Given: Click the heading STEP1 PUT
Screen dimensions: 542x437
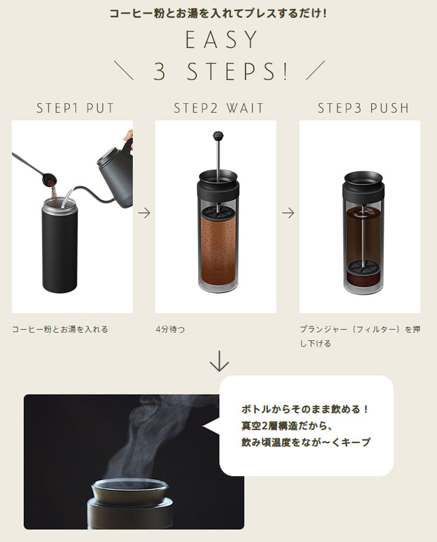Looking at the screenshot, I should (x=75, y=108).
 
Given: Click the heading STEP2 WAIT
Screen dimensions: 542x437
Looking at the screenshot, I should (x=218, y=108).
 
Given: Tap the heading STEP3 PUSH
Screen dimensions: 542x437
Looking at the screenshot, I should (x=363, y=108).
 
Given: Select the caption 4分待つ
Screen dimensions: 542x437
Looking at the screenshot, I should (x=170, y=329).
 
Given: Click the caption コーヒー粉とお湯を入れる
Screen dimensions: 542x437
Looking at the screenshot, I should (x=60, y=329).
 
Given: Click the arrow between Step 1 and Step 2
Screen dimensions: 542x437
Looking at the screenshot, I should (x=144, y=213).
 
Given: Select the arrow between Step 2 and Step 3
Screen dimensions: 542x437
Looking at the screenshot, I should (x=288, y=213).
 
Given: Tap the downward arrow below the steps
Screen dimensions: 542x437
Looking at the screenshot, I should (x=219, y=362).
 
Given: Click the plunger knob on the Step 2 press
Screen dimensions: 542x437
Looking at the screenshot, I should (x=218, y=136).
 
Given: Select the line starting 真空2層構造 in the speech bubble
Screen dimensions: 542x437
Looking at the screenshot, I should (x=286, y=425).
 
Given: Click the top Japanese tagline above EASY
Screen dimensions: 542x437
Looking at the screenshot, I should (x=218, y=13).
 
